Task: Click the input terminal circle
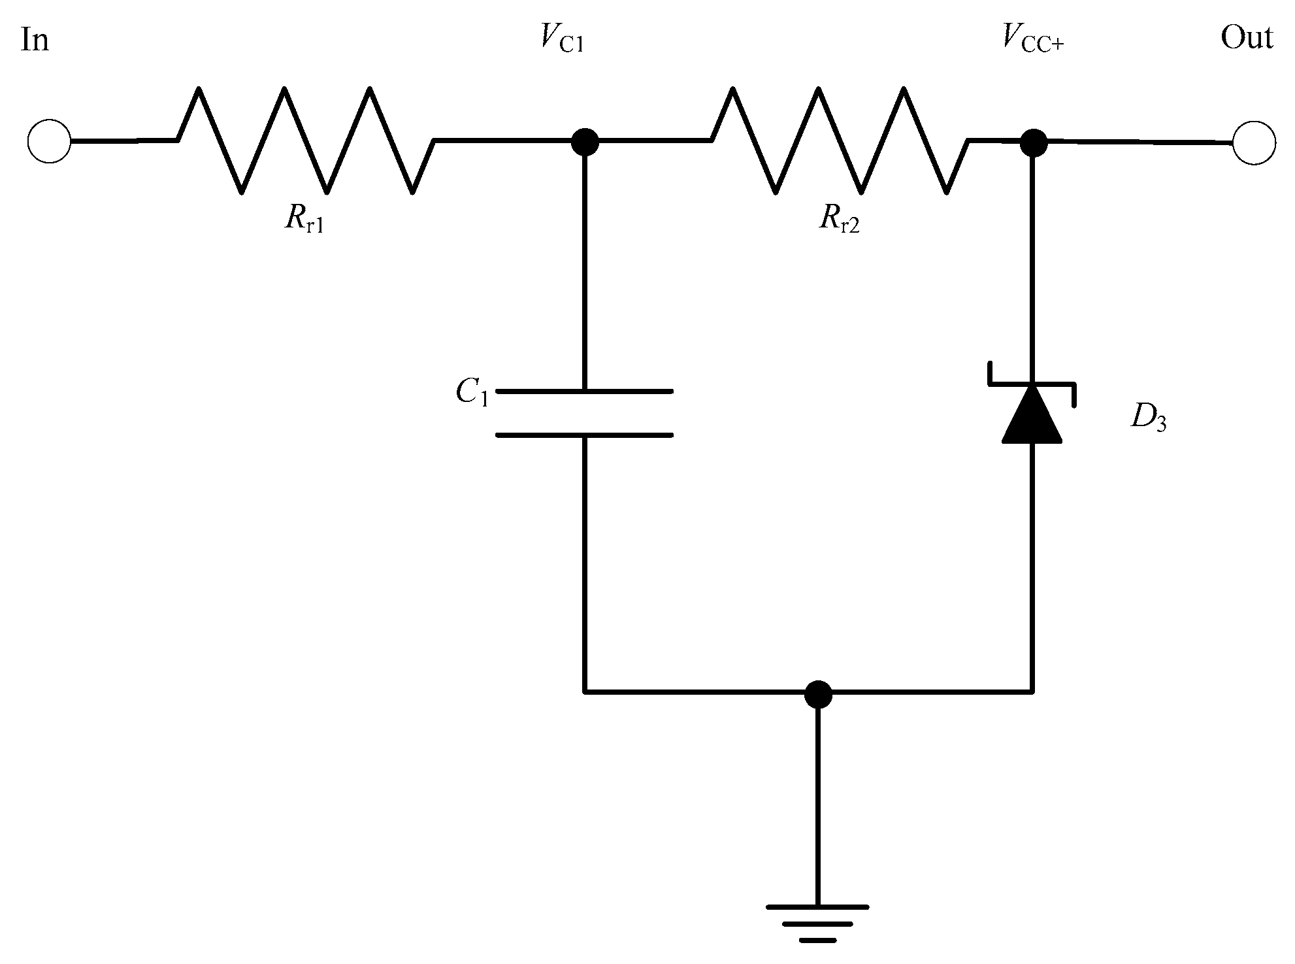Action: click(x=49, y=141)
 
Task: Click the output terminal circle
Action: click(x=1254, y=142)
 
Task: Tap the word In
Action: click(x=35, y=41)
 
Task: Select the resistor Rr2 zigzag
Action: click(x=840, y=140)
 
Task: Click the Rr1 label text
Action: click(x=304, y=219)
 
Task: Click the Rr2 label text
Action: click(x=839, y=220)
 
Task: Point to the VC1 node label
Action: click(x=562, y=39)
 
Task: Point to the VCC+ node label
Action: click(x=1032, y=39)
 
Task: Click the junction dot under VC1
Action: click(x=585, y=141)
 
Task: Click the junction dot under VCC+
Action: click(x=1034, y=142)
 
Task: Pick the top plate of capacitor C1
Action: click(x=585, y=391)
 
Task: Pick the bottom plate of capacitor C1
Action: click(x=585, y=434)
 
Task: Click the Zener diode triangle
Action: click(x=1032, y=417)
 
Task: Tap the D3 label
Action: click(x=1149, y=418)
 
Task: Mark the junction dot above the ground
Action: click(x=818, y=693)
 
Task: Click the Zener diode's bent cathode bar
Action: click(x=1032, y=383)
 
